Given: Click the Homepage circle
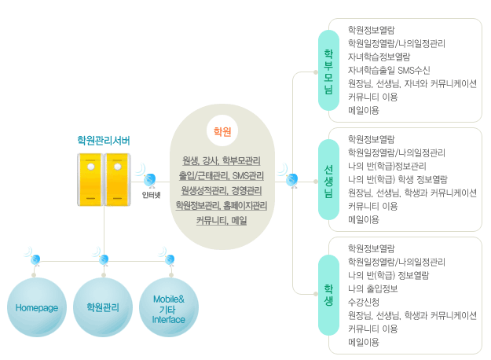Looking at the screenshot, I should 37,307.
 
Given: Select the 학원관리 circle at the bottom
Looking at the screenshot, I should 104,307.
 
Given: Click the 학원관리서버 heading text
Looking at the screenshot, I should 104,140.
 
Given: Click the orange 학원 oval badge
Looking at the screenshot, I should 222,130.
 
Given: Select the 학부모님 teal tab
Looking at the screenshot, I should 328,71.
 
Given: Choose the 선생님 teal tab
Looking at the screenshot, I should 328,180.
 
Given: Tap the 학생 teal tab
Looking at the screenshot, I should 328,290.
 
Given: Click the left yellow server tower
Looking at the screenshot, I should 91,178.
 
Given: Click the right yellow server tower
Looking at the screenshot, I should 117,178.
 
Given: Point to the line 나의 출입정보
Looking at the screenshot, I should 373,288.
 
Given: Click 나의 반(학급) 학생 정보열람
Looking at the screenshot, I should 397,179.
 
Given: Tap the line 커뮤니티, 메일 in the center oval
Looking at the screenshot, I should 222,220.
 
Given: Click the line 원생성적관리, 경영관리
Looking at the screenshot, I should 222,190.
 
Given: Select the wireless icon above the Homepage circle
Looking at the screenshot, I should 35,259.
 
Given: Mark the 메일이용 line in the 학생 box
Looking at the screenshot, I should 363,343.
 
